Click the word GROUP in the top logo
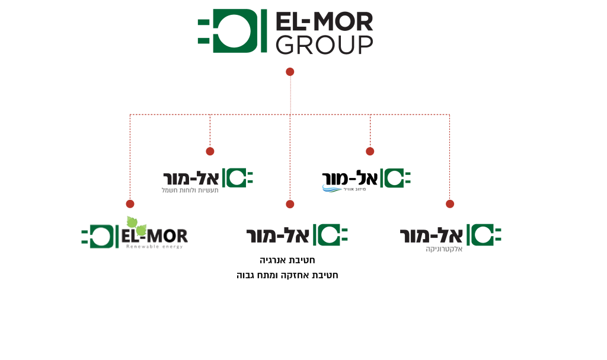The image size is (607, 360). [x=324, y=44]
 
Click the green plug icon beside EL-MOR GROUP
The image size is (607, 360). [x=232, y=31]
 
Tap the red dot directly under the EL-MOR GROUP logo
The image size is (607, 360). [x=290, y=72]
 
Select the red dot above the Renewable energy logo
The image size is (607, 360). [x=130, y=204]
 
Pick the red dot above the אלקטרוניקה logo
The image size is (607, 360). [x=450, y=204]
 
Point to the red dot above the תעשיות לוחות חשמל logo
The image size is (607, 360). [x=210, y=151]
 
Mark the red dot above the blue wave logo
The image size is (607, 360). [x=370, y=151]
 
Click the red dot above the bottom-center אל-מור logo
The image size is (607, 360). [x=290, y=204]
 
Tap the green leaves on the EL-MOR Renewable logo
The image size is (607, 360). [x=136, y=225]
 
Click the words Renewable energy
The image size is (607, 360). [x=154, y=246]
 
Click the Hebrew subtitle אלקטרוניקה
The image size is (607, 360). [x=444, y=250]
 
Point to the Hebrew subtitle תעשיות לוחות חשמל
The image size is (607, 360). [x=190, y=190]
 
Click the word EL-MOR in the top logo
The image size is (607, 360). [x=324, y=22]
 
